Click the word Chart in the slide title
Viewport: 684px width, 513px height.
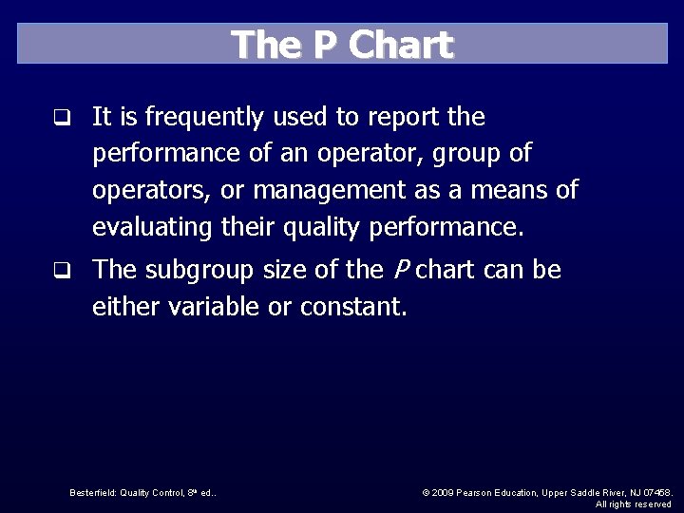pos(401,46)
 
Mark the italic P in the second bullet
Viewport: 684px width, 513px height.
pos(399,271)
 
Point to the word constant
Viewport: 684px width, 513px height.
pos(353,307)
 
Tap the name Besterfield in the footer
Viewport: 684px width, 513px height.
pos(91,492)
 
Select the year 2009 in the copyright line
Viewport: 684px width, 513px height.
pos(443,492)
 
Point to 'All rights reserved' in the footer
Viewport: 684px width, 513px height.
pos(633,503)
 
